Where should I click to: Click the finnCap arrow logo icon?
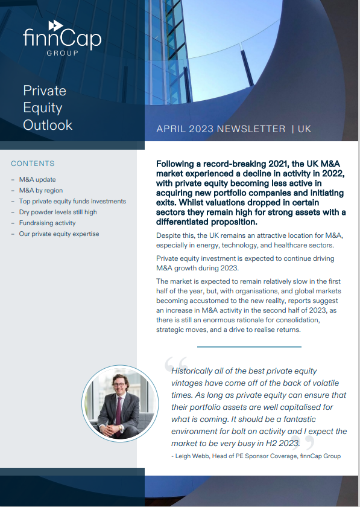pyautogui.click(x=56, y=25)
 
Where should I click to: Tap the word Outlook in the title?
pyautogui.click(x=48, y=125)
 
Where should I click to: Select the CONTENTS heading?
pyautogui.click(x=33, y=164)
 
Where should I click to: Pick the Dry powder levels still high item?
pyautogui.click(x=57, y=212)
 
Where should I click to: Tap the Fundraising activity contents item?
pyautogui.click(x=47, y=223)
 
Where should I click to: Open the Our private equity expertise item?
pyautogui.click(x=59, y=234)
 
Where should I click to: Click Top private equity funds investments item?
pyautogui.click(x=72, y=202)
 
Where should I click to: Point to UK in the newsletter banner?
pyautogui.click(x=305, y=129)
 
